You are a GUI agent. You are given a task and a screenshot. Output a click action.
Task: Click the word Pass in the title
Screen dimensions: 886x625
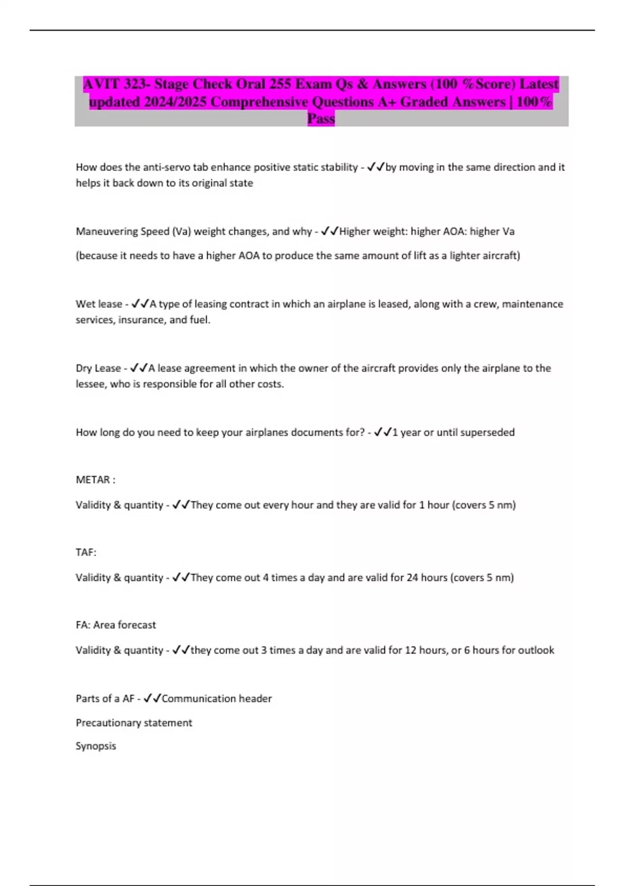point(321,119)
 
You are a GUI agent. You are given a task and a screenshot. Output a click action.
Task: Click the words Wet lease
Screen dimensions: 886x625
point(98,304)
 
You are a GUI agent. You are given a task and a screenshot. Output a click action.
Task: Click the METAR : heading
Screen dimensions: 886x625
point(95,479)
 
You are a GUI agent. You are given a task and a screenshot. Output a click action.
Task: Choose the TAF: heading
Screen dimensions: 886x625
point(86,552)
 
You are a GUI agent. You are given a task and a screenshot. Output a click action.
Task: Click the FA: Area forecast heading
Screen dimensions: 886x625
point(116,624)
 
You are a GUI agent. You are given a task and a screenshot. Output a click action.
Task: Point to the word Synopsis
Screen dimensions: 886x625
point(96,746)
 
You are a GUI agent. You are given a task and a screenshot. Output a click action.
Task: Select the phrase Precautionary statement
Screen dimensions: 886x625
point(134,723)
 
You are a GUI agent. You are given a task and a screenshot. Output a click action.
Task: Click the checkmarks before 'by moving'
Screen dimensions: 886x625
point(376,167)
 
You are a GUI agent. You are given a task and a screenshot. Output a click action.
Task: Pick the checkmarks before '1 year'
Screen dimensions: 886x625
point(383,432)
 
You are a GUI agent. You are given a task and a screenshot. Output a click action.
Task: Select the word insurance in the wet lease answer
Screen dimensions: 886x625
point(141,319)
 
